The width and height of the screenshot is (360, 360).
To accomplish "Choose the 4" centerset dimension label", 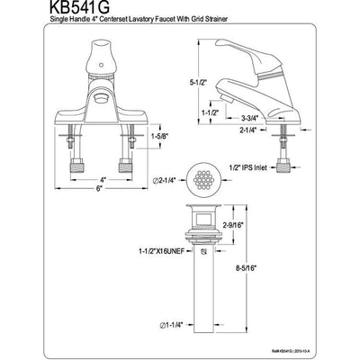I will [x=103, y=179].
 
